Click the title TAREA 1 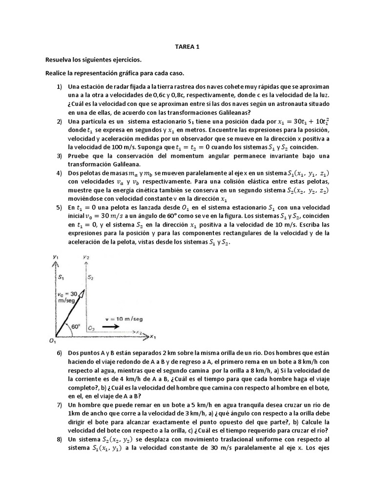(187, 47)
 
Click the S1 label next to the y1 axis (61, 277)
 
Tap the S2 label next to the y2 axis (91, 277)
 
